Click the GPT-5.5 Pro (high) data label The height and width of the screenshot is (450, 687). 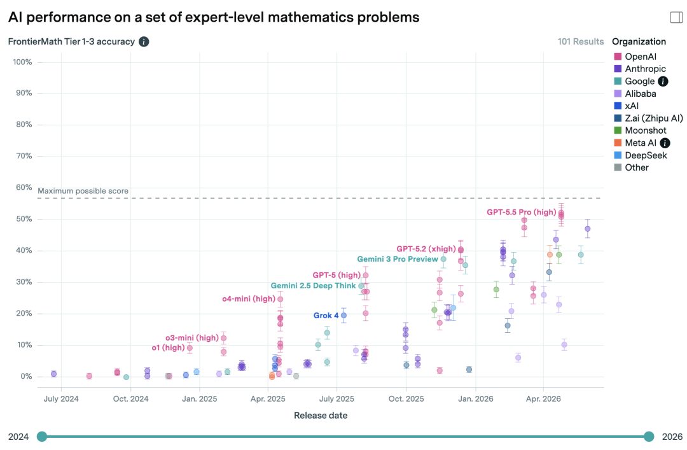[522, 213]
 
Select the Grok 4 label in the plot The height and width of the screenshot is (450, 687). [326, 315]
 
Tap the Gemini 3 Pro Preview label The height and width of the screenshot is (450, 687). [398, 259]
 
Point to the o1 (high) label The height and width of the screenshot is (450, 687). [168, 348]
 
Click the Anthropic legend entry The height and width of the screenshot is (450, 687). [645, 69]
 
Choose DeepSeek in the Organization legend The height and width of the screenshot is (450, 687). [646, 155]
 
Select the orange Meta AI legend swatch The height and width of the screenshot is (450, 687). [618, 143]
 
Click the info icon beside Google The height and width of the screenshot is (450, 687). [663, 81]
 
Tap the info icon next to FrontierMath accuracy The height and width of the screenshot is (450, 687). [144, 41]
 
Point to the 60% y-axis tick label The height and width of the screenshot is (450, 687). [24, 187]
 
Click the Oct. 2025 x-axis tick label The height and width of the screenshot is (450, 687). [406, 398]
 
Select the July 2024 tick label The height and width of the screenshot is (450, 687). [61, 398]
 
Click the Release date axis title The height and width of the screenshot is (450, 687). [321, 416]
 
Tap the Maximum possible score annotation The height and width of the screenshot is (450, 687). [83, 191]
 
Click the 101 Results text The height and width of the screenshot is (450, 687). [581, 41]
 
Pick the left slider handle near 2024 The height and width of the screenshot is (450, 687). [42, 437]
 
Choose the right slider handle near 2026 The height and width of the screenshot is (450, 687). [649, 437]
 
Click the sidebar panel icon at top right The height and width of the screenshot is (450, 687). [676, 17]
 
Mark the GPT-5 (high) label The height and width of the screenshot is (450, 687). [337, 275]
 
